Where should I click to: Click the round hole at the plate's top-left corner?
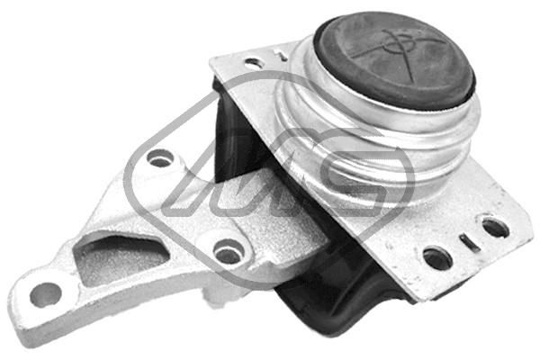click(254, 63)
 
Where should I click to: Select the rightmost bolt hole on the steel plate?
click(494, 227)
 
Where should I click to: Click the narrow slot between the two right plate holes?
click(466, 242)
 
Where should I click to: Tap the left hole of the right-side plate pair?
click(437, 258)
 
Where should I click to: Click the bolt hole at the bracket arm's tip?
click(44, 293)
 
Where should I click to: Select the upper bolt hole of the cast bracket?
click(160, 160)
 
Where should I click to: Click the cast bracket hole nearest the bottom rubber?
click(229, 253)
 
